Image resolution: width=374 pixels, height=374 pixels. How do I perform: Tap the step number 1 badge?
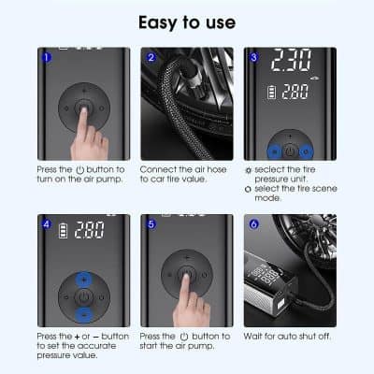point(46,56)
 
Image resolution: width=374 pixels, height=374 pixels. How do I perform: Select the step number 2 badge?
point(150,56)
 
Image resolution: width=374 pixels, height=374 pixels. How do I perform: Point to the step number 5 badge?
point(150,223)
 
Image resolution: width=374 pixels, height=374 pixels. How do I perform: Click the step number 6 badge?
point(252,223)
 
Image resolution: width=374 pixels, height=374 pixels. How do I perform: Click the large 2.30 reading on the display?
point(290,64)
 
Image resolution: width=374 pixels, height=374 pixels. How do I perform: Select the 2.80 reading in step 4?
point(90,230)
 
